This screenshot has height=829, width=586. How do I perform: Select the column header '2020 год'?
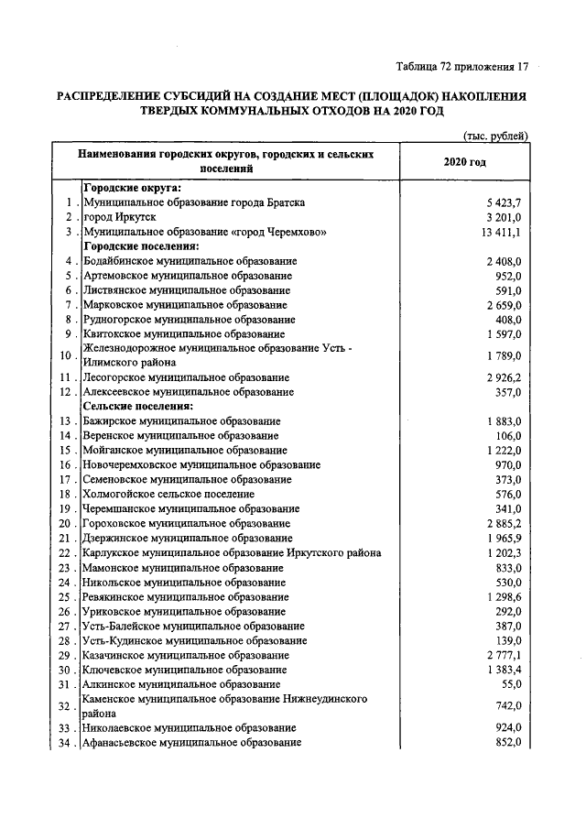(x=463, y=162)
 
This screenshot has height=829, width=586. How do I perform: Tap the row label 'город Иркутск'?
(x=121, y=217)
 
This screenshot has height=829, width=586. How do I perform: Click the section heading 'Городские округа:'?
(x=132, y=188)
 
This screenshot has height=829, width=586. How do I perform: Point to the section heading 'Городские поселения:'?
(x=141, y=246)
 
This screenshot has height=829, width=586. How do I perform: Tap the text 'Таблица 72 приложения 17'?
(x=462, y=67)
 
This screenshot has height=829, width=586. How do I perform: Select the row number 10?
(x=65, y=356)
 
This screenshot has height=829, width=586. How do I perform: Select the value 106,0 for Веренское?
(x=507, y=435)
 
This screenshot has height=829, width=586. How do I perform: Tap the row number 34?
(x=65, y=743)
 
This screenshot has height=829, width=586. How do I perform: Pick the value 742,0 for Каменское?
(x=507, y=706)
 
